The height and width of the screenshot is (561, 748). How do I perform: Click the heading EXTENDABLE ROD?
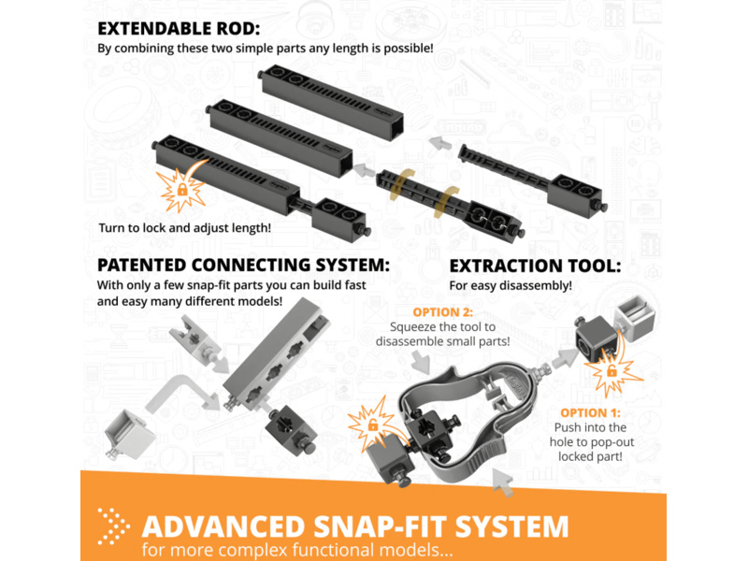click(179, 29)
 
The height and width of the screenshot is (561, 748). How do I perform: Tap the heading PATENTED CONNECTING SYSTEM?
click(243, 265)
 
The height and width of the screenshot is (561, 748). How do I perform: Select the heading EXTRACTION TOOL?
click(535, 266)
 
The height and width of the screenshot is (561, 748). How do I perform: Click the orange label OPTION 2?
click(442, 312)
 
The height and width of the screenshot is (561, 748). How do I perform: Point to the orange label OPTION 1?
click(591, 412)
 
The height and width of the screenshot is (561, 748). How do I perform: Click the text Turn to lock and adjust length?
click(184, 228)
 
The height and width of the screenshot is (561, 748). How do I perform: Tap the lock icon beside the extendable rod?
click(181, 190)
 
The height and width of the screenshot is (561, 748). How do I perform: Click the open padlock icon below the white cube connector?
click(611, 369)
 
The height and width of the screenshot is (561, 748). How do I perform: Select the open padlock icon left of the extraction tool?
click(372, 424)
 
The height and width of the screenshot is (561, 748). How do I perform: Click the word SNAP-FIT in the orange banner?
click(381, 527)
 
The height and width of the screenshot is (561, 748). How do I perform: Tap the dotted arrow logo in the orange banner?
click(113, 526)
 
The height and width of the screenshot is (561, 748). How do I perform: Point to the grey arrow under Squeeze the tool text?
click(421, 362)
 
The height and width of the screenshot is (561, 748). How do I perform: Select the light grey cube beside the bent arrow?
click(130, 434)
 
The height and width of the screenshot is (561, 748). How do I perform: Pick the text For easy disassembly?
click(511, 286)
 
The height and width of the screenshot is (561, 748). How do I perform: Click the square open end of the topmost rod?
click(394, 127)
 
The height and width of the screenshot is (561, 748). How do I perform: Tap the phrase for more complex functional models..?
click(296, 550)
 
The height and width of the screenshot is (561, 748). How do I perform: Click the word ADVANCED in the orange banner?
click(223, 527)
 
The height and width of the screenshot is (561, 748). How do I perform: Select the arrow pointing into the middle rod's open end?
click(365, 169)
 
